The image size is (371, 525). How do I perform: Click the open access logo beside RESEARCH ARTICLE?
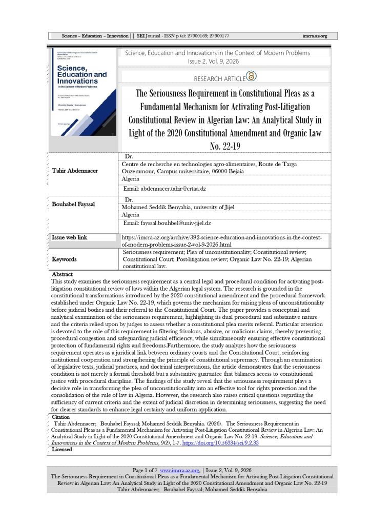click(251, 76)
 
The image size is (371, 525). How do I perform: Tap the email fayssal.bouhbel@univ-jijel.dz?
click(167, 224)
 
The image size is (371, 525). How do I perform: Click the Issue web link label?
click(70, 238)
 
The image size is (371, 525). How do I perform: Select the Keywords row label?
click(64, 259)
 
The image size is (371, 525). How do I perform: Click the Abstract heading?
click(62, 275)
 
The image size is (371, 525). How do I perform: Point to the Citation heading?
click(61, 418)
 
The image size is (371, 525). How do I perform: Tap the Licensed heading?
click(62, 450)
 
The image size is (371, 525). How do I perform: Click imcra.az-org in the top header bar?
click(315, 36)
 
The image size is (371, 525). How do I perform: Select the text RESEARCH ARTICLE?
click(219, 79)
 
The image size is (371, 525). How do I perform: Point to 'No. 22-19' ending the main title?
click(221, 146)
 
